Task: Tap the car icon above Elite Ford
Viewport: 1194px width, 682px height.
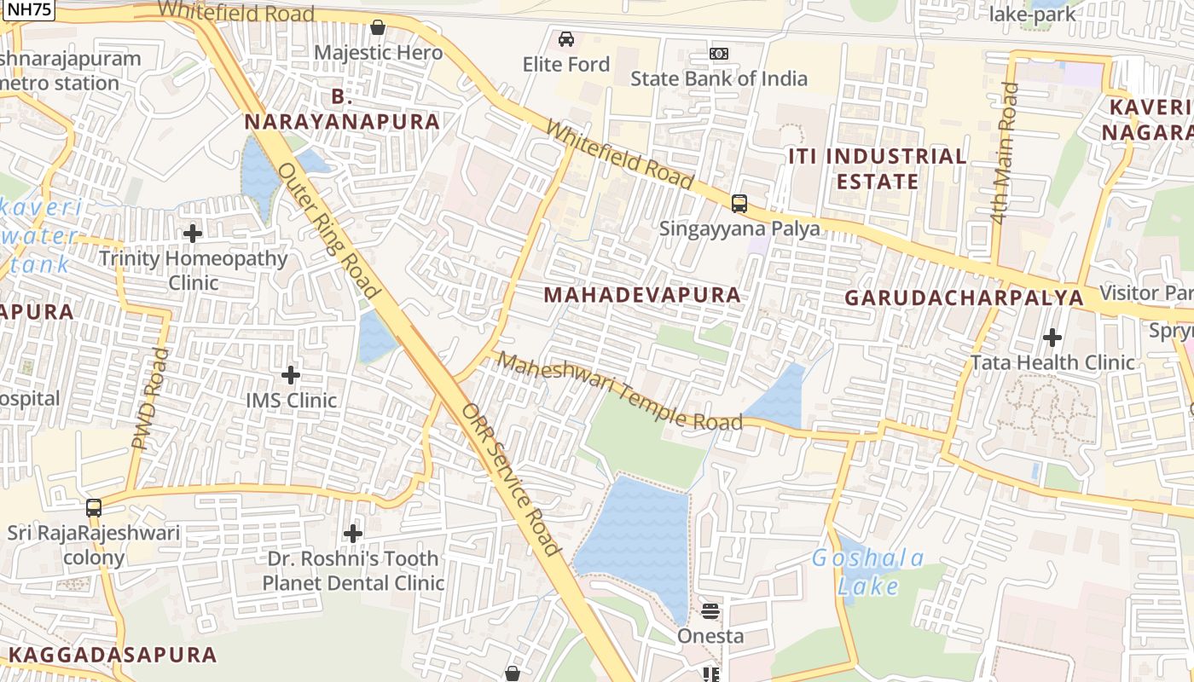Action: click(565, 38)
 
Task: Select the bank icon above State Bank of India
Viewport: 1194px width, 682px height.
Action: click(719, 54)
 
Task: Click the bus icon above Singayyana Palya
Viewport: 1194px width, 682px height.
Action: click(739, 204)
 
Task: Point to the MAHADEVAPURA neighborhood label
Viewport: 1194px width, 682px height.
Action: click(642, 295)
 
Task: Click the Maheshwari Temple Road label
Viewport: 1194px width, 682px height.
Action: click(620, 391)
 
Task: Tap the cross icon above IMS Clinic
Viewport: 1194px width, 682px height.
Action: click(291, 374)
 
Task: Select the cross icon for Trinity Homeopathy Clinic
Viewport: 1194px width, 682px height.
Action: click(193, 233)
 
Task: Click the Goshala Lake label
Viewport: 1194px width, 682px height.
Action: click(868, 572)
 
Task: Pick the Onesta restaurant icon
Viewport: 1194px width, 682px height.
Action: click(710, 610)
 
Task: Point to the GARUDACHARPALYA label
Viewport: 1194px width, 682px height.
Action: click(964, 298)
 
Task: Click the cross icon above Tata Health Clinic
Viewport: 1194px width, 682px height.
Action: click(1052, 338)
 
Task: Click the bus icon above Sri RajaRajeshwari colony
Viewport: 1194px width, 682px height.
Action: click(94, 508)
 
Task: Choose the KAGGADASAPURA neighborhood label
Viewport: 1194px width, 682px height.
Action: click(113, 655)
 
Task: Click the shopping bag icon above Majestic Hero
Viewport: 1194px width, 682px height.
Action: click(378, 27)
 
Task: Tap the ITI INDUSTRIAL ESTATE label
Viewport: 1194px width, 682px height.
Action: click(878, 169)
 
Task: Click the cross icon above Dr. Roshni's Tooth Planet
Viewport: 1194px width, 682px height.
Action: click(353, 534)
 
